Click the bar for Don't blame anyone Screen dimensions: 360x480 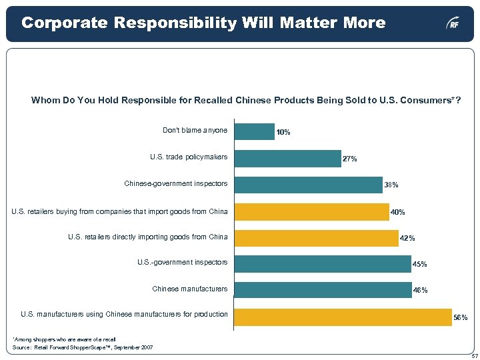255,131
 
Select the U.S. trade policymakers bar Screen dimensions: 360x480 288,158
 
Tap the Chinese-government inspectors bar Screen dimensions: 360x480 309,184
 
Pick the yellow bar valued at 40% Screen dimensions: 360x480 312,211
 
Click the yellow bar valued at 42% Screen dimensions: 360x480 317,237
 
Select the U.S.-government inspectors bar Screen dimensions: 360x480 323,264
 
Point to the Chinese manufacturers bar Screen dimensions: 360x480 324,289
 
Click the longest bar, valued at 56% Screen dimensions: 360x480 343,317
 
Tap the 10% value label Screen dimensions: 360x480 283,133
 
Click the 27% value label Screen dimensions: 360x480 350,159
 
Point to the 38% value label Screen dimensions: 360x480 391,185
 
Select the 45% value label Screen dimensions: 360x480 420,265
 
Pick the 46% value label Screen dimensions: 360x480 421,291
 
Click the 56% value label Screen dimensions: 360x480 460,319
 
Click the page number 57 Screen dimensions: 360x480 472,355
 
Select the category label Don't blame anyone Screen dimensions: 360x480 195,130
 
